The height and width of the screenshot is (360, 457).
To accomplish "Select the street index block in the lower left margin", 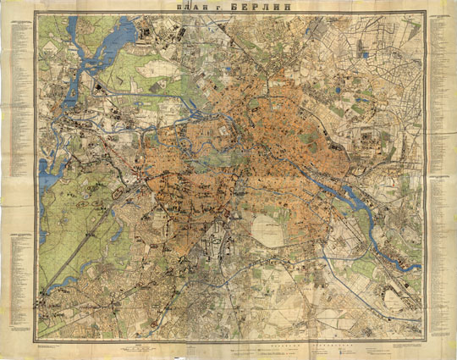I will click(x=17, y=271).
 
